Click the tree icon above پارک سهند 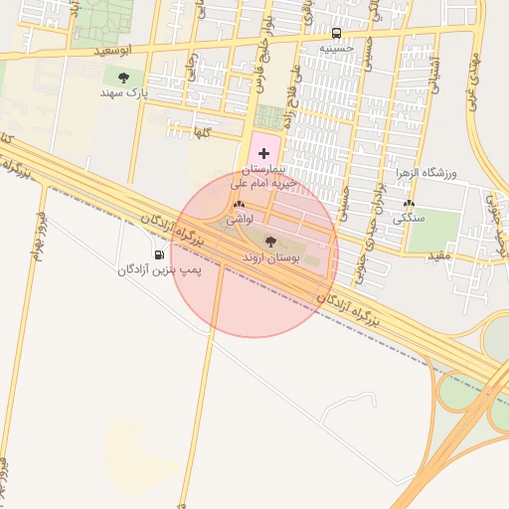click(x=124, y=77)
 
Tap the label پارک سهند click(x=123, y=91)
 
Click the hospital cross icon click(x=263, y=153)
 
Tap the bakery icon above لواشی click(x=239, y=205)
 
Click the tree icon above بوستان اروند click(x=270, y=242)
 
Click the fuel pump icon click(x=161, y=254)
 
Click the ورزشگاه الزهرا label click(x=450, y=174)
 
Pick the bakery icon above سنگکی click(x=409, y=203)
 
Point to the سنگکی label click(x=409, y=217)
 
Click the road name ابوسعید click(x=85, y=49)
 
